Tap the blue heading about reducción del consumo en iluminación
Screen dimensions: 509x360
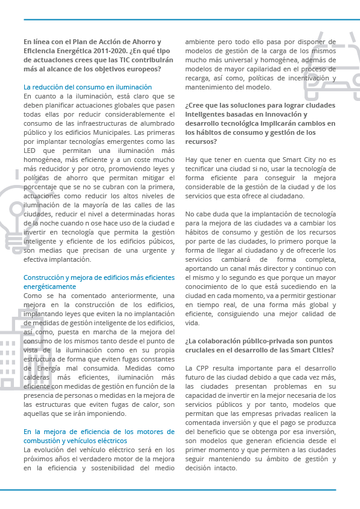[88, 87]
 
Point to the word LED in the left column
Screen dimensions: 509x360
[30, 150]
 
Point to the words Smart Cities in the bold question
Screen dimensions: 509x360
[324, 350]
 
